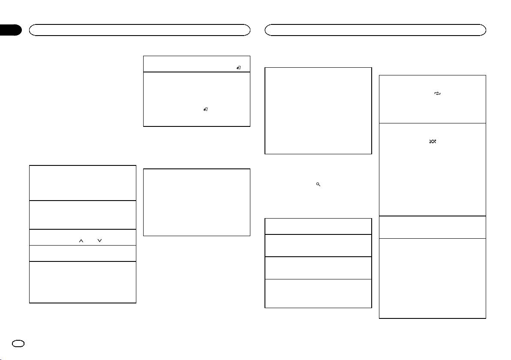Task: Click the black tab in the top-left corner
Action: point(10,30)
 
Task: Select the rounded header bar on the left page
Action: point(139,30)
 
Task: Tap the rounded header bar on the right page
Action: point(376,30)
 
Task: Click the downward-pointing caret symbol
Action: point(99,241)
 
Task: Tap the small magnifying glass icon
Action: point(318,184)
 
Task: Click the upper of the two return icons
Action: point(238,68)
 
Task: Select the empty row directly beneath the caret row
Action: point(83,253)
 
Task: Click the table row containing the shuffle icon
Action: point(433,169)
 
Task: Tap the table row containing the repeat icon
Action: point(433,99)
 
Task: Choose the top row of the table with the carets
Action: point(83,183)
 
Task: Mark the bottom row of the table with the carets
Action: point(83,282)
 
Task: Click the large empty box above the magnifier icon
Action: point(318,110)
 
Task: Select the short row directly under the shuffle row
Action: point(433,227)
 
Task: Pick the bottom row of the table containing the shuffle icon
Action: point(433,278)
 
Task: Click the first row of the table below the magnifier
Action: point(318,226)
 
